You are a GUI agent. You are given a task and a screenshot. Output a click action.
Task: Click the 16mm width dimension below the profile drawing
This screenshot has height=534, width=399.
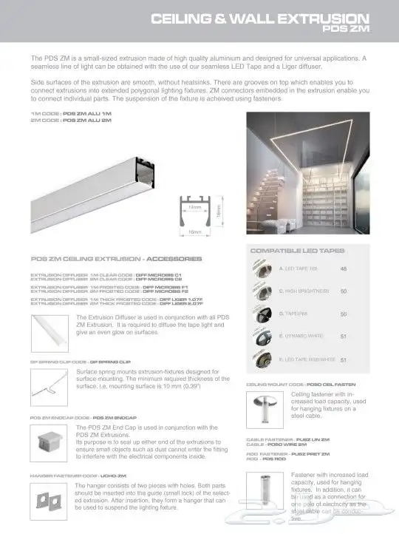[194, 231]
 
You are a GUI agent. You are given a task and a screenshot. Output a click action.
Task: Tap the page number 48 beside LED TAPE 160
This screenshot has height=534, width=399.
[343, 269]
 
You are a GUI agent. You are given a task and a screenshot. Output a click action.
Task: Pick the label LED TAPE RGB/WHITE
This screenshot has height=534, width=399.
[307, 360]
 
